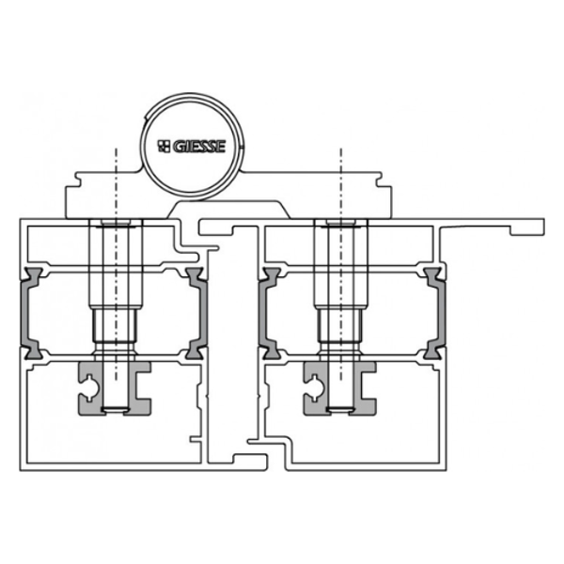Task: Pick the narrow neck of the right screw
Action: pyautogui.click(x=340, y=330)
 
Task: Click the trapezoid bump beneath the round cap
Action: pyautogui.click(x=226, y=208)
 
